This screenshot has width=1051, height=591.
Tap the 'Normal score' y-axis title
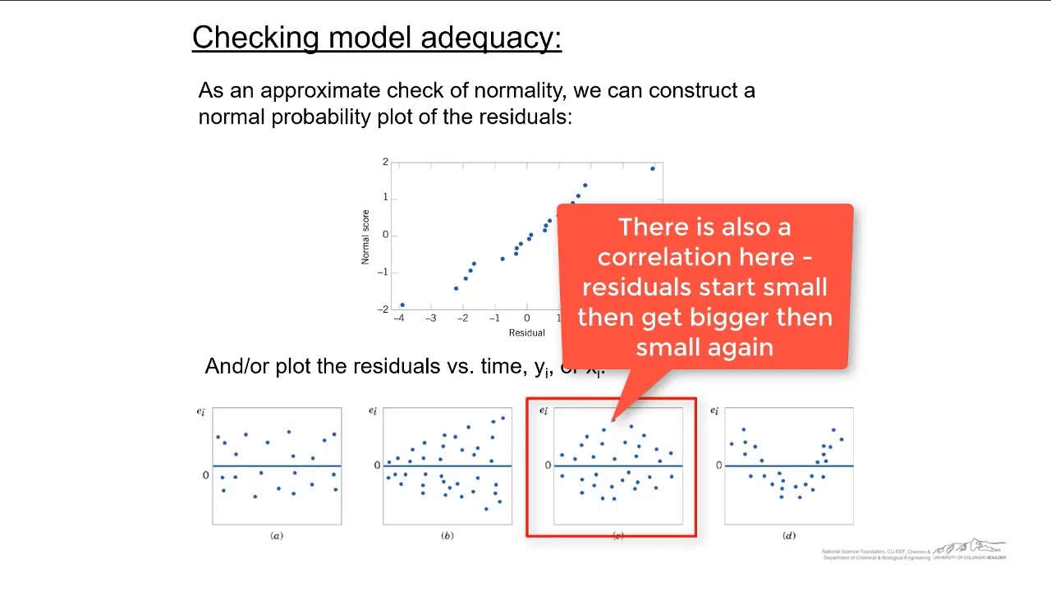pyautogui.click(x=365, y=237)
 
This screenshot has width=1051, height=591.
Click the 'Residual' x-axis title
pyautogui.click(x=526, y=332)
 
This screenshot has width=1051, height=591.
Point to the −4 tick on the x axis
pyautogui.click(x=399, y=318)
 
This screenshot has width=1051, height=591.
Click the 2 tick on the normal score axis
pyautogui.click(x=385, y=163)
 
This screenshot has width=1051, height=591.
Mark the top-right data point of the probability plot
pyautogui.click(x=653, y=169)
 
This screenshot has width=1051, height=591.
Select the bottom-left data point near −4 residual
pyautogui.click(x=402, y=305)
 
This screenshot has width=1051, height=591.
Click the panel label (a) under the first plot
pyautogui.click(x=277, y=536)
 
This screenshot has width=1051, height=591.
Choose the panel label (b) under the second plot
pyautogui.click(x=447, y=536)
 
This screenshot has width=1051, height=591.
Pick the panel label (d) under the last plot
pyautogui.click(x=789, y=536)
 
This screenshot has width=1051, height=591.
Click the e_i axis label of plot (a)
pyautogui.click(x=201, y=411)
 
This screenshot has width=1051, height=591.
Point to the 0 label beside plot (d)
pyautogui.click(x=718, y=465)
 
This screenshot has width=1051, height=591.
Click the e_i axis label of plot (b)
pyautogui.click(x=373, y=411)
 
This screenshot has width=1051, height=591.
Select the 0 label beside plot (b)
pyautogui.click(x=377, y=465)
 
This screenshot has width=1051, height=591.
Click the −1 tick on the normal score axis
pyautogui.click(x=383, y=273)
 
